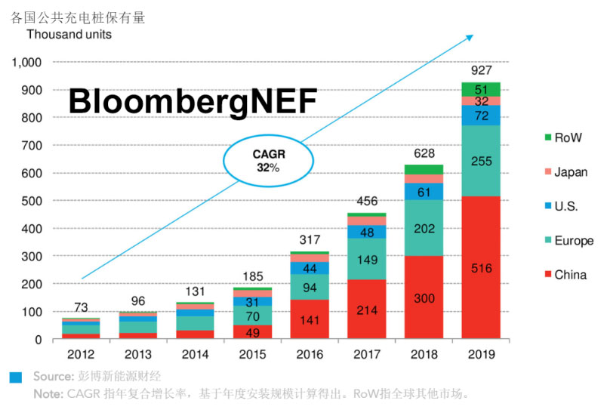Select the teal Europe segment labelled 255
[481, 160]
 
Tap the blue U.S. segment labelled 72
[481, 115]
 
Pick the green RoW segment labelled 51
[481, 89]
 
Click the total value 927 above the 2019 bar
[481, 70]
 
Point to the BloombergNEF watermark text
[193, 102]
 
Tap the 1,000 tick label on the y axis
[27, 62]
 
